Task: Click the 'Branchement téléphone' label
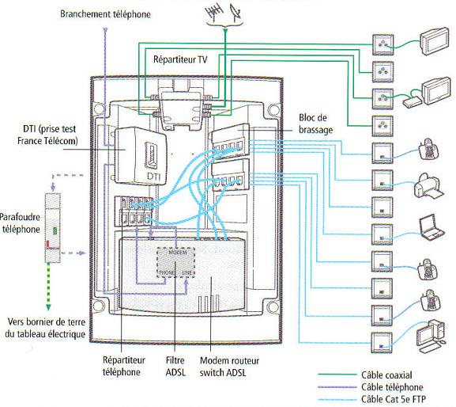(x=105, y=14)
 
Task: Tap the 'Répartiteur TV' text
(x=180, y=59)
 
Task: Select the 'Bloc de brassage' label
(x=315, y=124)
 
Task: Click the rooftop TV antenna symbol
(x=214, y=13)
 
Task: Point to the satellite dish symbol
(x=236, y=12)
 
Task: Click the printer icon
(x=428, y=186)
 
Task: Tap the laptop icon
(x=432, y=227)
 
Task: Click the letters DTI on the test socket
(x=153, y=177)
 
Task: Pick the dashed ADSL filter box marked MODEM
(x=175, y=263)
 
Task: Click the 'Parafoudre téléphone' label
(x=20, y=223)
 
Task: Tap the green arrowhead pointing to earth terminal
(x=48, y=308)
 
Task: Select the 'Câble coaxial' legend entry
(x=386, y=375)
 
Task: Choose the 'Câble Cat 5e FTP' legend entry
(x=394, y=399)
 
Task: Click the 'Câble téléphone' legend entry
(x=392, y=387)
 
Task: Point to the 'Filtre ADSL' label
(x=175, y=366)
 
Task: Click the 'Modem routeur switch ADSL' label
(x=229, y=367)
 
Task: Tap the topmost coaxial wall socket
(x=383, y=44)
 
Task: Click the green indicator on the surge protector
(x=55, y=231)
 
